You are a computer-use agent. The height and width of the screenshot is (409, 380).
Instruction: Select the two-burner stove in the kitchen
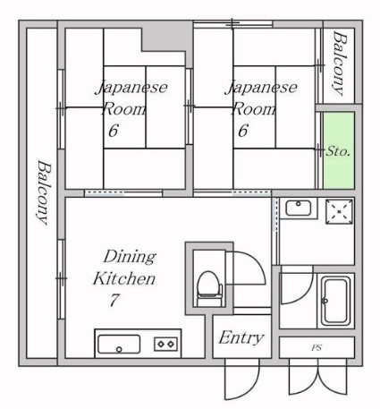pyautogui.click(x=166, y=344)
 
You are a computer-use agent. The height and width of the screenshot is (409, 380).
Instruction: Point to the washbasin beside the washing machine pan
pyautogui.click(x=297, y=209)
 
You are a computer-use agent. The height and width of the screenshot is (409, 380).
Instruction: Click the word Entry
pyautogui.click(x=241, y=337)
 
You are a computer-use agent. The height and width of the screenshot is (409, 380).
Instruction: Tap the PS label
pyautogui.click(x=316, y=346)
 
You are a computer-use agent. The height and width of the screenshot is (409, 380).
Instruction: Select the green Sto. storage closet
pyautogui.click(x=338, y=149)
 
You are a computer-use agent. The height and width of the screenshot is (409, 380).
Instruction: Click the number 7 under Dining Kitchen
pyautogui.click(x=114, y=301)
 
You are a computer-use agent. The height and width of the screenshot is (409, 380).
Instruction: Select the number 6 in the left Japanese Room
pyautogui.click(x=113, y=131)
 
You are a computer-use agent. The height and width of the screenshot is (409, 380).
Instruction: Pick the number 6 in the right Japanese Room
pyautogui.click(x=242, y=131)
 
